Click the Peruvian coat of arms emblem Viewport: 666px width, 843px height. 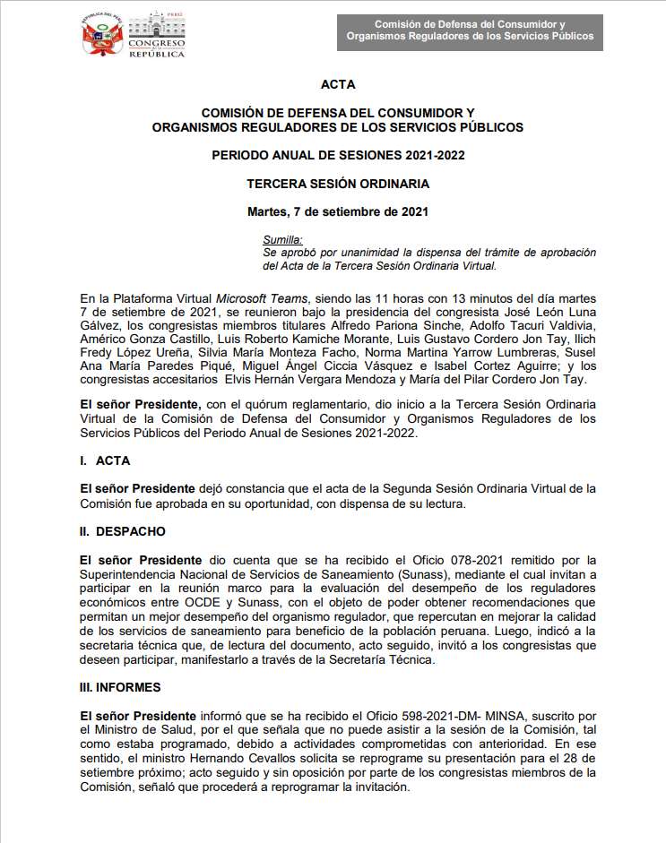101,36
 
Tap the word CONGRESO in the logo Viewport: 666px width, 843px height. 156,44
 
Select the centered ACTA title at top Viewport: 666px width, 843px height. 338,85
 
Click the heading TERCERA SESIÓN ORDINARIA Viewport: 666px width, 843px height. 338,184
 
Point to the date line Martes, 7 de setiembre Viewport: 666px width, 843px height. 338,212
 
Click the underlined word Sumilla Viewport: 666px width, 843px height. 282,240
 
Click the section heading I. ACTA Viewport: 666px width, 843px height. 105,460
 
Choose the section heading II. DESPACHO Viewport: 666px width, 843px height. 123,531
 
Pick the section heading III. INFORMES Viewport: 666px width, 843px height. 121,688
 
